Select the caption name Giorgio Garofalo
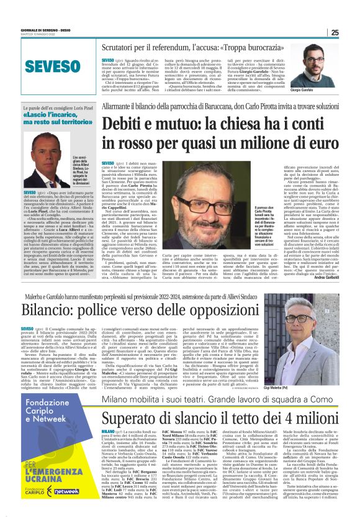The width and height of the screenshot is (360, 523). (322, 90)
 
